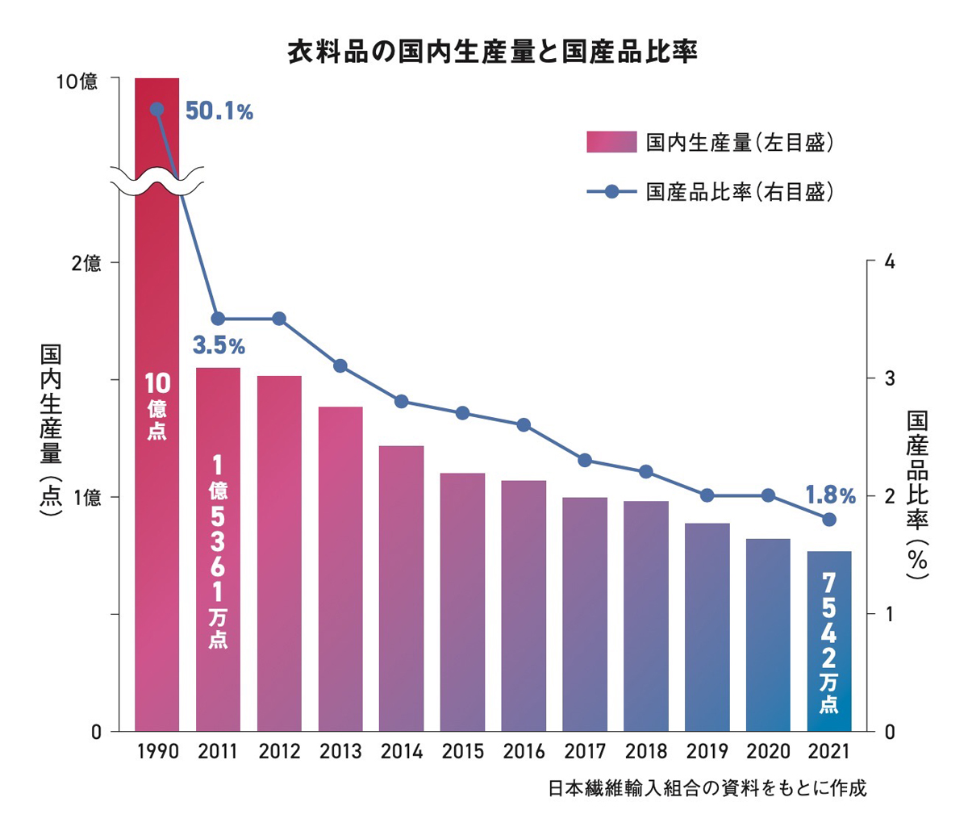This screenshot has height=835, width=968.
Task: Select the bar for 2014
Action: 401,589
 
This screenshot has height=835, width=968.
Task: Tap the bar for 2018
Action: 646,616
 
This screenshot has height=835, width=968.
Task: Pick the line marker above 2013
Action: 340,366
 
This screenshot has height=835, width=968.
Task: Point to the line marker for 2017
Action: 585,461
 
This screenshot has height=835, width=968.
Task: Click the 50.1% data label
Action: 219,112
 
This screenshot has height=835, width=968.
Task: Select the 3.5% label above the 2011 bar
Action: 219,347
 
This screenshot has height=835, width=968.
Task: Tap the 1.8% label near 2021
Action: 829,494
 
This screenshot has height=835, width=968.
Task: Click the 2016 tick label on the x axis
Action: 524,752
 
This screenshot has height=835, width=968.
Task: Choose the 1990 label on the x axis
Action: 157,752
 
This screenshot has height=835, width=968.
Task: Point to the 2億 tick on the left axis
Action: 87,263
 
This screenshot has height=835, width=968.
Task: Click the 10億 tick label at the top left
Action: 77,81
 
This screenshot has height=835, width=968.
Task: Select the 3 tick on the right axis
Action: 890,378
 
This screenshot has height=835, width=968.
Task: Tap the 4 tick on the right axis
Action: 890,262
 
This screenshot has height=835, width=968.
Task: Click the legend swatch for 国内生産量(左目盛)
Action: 611,143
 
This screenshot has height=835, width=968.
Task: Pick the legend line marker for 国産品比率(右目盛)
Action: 611,192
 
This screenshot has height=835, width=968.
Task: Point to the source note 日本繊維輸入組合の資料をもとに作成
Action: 707,788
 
